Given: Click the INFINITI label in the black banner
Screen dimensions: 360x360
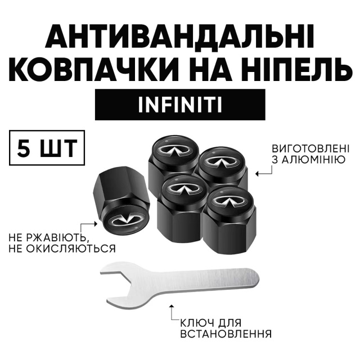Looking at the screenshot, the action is click(180, 105).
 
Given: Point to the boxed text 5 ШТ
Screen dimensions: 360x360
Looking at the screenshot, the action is click(47, 147).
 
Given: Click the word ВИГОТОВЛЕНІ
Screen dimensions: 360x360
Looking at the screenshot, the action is click(310, 148).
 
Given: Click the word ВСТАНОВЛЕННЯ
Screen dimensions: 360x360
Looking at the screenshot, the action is click(226, 334).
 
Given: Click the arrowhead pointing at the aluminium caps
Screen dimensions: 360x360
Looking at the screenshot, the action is click(258, 174).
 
